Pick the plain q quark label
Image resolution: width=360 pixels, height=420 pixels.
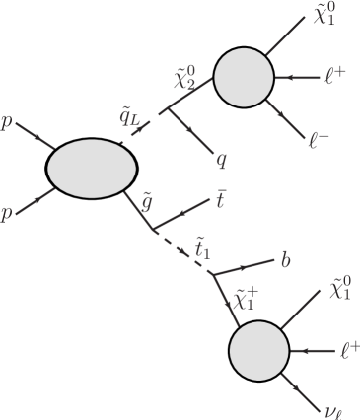point(221,158)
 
